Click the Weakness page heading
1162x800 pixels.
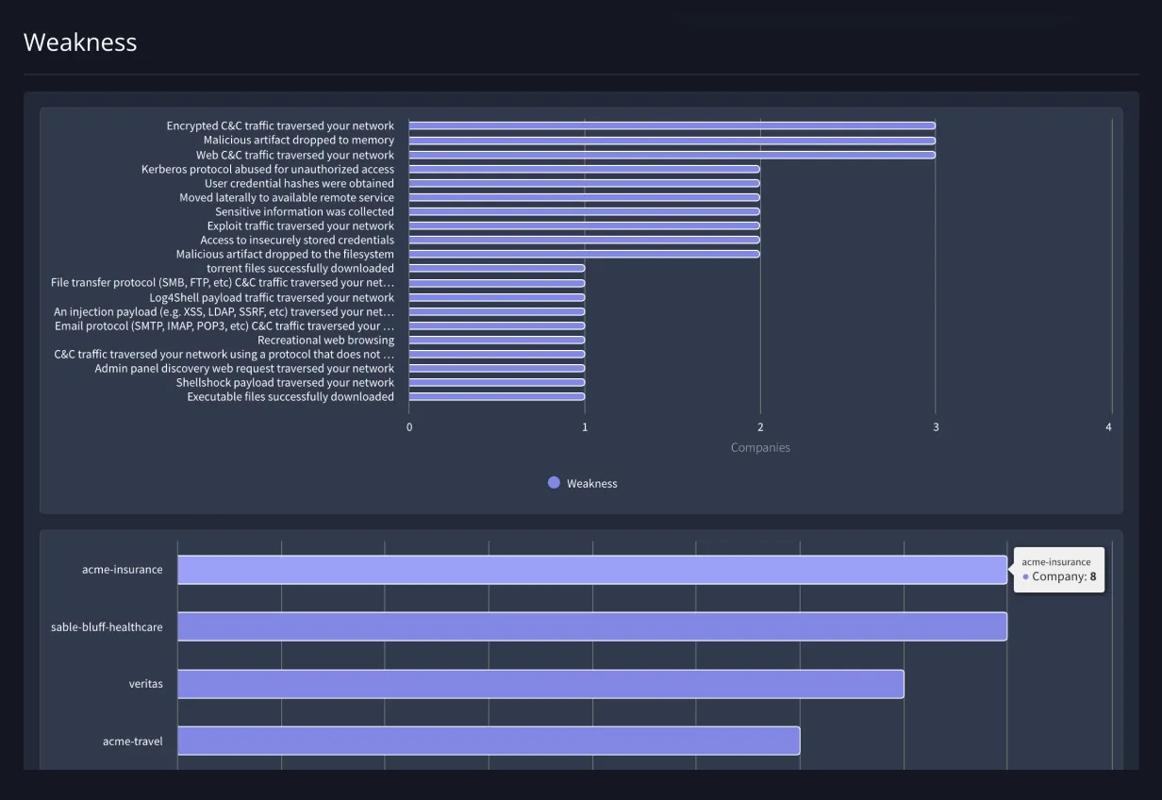point(80,42)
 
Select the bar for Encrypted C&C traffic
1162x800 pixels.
point(672,125)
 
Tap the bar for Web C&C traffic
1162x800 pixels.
point(672,155)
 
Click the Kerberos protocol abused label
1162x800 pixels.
point(268,169)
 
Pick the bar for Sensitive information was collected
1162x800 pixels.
point(584,211)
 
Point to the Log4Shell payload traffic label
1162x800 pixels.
point(272,297)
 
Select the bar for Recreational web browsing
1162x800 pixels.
point(496,340)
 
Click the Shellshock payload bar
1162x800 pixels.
point(496,382)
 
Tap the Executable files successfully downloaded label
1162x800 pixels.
point(290,397)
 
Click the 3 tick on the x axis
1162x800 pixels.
point(936,427)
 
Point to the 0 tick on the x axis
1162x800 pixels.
point(409,427)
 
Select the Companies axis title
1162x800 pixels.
point(760,448)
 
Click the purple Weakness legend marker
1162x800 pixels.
point(554,483)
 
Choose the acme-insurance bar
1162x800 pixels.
point(591,570)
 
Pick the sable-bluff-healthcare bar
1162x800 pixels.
point(591,626)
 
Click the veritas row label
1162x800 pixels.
point(145,684)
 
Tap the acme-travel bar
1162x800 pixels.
point(488,741)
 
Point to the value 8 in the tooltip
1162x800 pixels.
point(1093,576)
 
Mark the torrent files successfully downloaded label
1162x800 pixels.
point(300,269)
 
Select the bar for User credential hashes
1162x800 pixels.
point(584,183)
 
